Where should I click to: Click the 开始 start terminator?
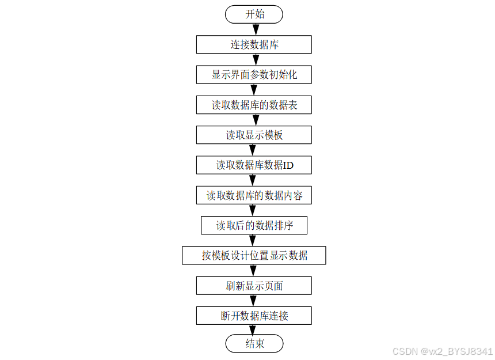254,14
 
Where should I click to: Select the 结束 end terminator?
254,344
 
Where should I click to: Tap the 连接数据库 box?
254,44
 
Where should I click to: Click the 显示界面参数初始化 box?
254,74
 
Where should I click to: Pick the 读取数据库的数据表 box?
254,105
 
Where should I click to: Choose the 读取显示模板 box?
254,135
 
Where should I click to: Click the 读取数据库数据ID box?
254,165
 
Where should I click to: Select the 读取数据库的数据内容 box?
254,195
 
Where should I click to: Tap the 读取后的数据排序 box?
254,225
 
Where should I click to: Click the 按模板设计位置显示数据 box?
254,255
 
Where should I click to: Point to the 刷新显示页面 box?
254,285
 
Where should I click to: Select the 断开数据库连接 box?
254,315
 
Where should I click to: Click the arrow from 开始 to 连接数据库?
254,29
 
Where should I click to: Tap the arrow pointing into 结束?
254,330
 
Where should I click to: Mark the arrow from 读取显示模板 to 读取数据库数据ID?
254,150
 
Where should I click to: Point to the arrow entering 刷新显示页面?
254,270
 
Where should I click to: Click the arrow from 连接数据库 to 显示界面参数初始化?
254,59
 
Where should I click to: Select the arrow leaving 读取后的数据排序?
254,240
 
